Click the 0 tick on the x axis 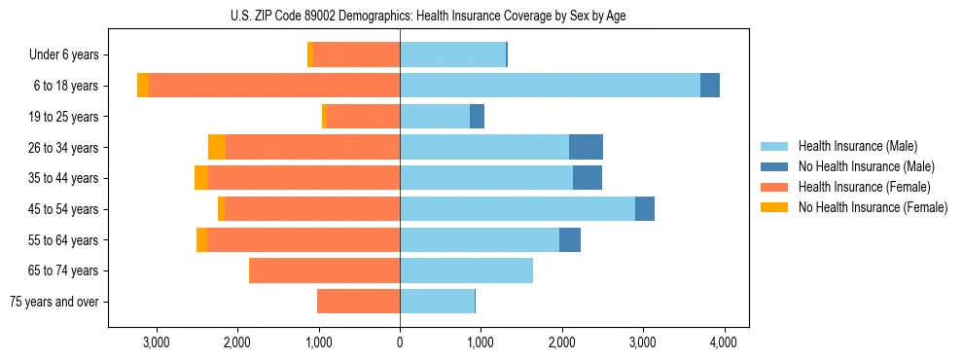[400, 342]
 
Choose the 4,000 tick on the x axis [722, 342]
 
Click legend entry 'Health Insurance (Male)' [857, 146]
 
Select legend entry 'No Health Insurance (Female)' [873, 207]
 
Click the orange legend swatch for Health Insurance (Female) [775, 187]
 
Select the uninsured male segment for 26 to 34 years [586, 147]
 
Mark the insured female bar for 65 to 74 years [325, 270]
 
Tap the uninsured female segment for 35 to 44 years [201, 178]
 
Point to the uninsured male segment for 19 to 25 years [477, 117]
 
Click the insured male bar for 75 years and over [437, 302]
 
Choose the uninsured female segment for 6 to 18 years [143, 86]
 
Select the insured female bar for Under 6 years [357, 54]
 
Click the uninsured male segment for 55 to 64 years [570, 239]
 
